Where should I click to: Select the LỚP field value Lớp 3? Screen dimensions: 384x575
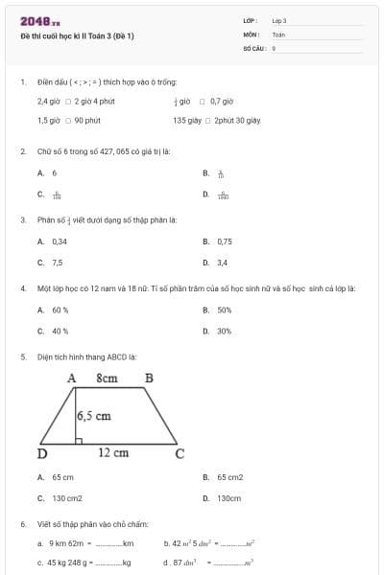tap(279, 20)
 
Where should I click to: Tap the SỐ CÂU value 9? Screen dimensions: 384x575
tap(275, 47)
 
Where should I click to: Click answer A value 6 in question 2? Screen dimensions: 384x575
tap(54, 173)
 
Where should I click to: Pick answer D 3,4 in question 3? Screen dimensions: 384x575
tap(222, 262)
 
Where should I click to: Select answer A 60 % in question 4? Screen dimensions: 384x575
tap(60, 310)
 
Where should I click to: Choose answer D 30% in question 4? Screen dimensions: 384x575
tap(224, 331)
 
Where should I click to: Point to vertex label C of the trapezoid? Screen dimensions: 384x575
tap(179, 453)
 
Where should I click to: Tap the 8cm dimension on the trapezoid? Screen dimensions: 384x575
tap(107, 379)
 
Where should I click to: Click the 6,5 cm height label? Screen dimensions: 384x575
tap(94, 416)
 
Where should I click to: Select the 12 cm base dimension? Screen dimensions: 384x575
tap(112, 452)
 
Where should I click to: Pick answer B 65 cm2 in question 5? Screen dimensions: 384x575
tap(229, 476)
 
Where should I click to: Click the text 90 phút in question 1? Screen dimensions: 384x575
tap(87, 121)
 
